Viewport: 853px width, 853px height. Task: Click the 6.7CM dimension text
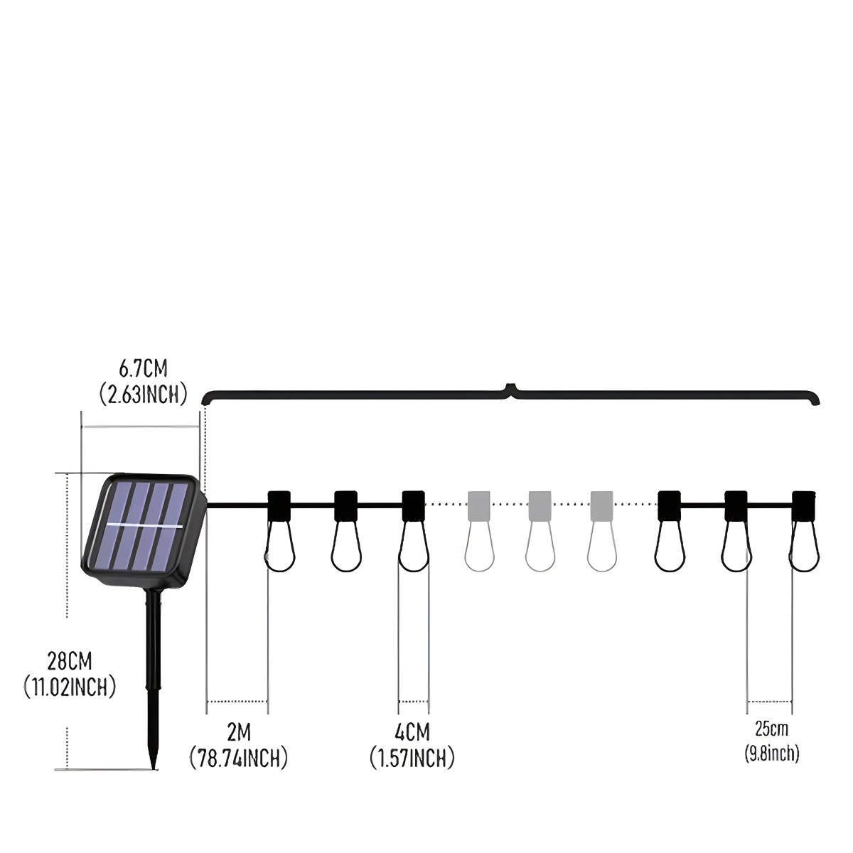(143, 368)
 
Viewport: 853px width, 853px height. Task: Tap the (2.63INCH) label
(143, 394)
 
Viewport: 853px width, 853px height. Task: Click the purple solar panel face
(138, 526)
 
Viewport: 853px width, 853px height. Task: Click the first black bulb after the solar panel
(279, 532)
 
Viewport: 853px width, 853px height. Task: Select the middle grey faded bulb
(540, 531)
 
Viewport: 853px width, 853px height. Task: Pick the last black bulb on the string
(803, 532)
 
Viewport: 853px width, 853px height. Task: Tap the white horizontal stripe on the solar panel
(145, 526)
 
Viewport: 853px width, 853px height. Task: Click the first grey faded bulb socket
(479, 505)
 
